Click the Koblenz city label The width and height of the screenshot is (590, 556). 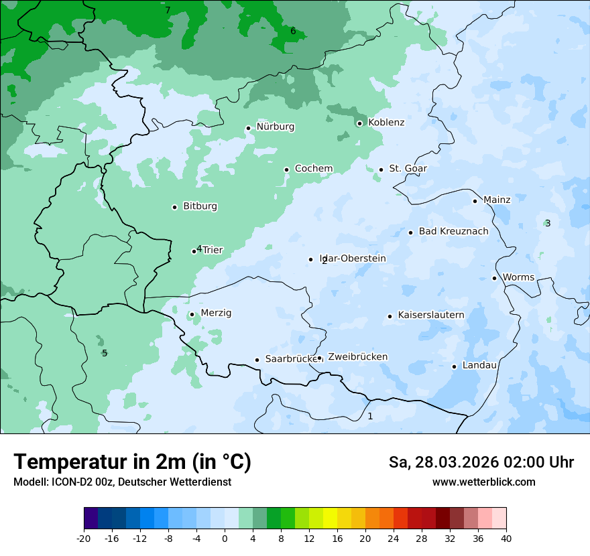point(386,123)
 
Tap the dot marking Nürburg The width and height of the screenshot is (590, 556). point(248,128)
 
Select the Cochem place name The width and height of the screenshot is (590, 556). point(314,169)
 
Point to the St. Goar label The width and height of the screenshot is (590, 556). point(408,169)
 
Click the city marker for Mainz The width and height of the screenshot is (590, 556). point(475,201)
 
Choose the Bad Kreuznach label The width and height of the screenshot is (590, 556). point(453,232)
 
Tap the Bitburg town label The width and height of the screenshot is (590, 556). point(200,206)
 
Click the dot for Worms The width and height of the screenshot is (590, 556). point(494,278)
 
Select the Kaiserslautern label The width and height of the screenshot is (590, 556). point(431,315)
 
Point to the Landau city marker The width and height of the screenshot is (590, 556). point(454,366)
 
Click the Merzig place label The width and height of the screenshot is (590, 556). point(216,314)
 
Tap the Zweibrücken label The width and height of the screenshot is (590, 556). point(357,357)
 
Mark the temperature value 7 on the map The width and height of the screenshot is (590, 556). point(168,10)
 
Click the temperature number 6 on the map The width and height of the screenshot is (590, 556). point(293,31)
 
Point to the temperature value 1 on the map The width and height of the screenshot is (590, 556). point(370,416)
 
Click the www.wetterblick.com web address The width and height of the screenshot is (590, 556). point(483,482)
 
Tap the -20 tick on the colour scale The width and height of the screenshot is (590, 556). point(84,539)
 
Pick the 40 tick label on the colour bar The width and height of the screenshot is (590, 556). point(506,539)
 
